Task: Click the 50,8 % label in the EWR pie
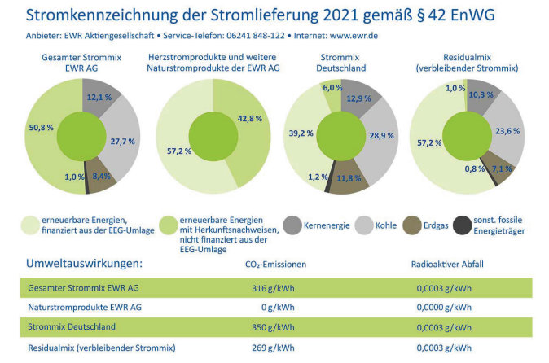point(39,127)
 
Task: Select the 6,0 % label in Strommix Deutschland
point(332,88)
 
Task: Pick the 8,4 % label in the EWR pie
point(102,175)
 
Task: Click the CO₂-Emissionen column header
point(274,265)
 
